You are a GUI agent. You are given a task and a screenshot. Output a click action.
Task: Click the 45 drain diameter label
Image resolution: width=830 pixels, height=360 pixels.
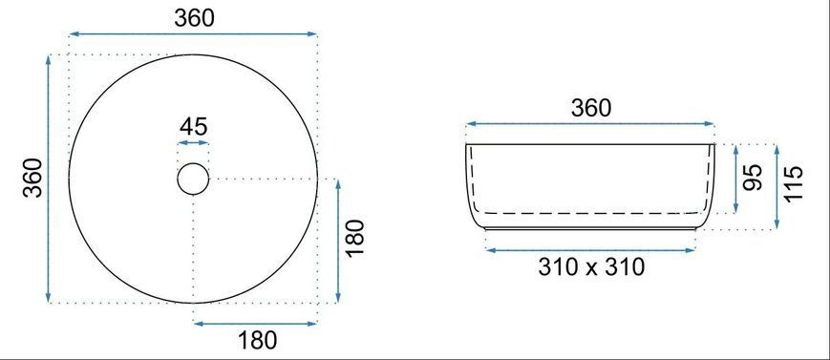point(193,127)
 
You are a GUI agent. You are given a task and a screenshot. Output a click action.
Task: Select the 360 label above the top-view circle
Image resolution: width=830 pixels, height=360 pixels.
point(194,18)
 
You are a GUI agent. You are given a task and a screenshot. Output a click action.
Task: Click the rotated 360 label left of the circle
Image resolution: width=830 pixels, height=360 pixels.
point(33,178)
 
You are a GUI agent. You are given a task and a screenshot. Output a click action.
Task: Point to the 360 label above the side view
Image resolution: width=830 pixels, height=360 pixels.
point(590,109)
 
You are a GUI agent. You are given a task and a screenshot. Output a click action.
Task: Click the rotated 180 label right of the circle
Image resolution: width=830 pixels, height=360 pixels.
point(355,238)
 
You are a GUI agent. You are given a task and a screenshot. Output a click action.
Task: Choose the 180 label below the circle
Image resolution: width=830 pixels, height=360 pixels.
point(257,340)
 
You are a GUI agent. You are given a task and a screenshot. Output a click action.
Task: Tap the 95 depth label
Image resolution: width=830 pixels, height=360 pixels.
point(753,178)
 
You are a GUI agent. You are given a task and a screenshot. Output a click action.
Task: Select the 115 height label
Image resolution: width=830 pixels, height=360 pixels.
point(794,183)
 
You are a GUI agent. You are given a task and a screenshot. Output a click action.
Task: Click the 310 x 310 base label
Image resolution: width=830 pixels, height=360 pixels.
point(591,267)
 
